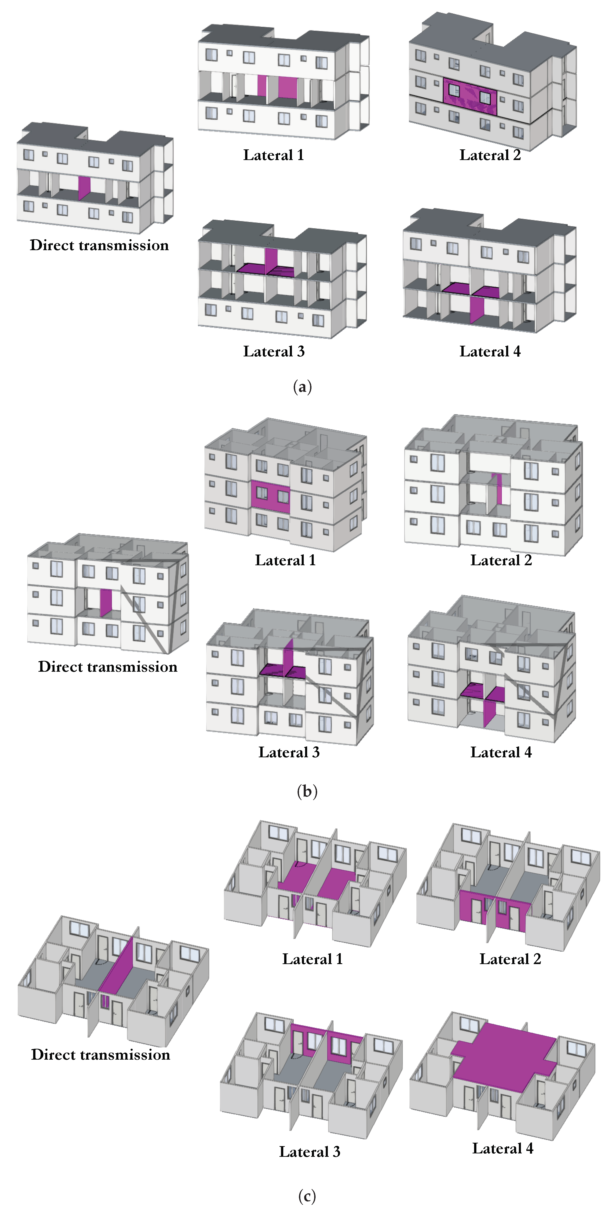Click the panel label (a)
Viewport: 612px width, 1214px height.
[302, 387]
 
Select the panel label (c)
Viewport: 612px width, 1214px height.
[307, 1196]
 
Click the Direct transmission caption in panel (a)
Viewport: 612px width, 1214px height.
[99, 245]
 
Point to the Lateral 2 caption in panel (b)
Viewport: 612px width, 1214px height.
[501, 560]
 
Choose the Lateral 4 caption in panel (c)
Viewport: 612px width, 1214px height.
[503, 1148]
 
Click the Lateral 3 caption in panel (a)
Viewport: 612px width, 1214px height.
[274, 351]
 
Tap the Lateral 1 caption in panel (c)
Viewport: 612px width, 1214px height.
[312, 959]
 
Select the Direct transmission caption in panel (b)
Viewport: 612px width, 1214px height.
[107, 666]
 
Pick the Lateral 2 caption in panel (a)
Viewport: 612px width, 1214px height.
[490, 155]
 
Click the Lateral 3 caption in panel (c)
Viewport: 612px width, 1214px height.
[309, 1151]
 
